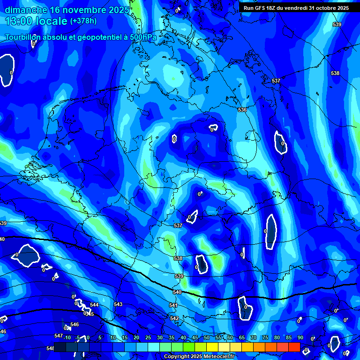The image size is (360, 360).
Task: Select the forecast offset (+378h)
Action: (83, 21)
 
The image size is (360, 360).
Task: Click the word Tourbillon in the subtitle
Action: (25, 37)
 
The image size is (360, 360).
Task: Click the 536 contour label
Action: (242, 110)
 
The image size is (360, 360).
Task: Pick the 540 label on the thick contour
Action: (177, 292)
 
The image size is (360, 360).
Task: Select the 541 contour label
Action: (173, 305)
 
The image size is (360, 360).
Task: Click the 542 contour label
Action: (174, 318)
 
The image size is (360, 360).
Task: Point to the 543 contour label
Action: (118, 304)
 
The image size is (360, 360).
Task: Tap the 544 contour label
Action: (94, 305)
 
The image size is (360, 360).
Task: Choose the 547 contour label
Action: (59, 336)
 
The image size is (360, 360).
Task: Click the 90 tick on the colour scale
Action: (300, 337)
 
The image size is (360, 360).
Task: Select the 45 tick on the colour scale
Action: (195, 337)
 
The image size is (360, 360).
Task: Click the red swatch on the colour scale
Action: (294, 346)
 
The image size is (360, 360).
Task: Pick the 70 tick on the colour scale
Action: (253, 337)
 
